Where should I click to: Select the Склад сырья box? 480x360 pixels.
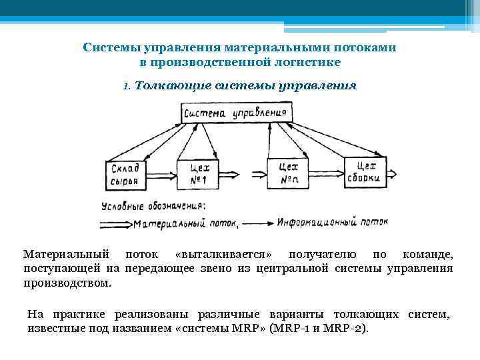123,174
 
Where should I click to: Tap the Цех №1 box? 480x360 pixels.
195,174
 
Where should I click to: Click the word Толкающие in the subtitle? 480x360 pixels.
173,86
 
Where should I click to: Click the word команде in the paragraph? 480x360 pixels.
429,255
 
